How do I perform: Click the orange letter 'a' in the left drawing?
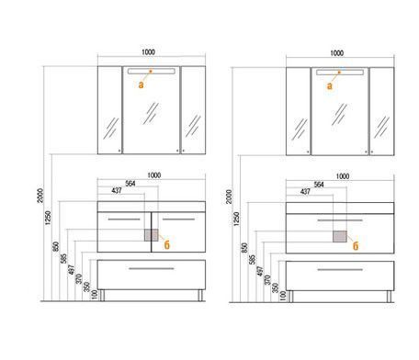[141, 84]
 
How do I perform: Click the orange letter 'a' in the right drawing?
[330, 86]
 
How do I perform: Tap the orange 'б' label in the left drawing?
[166, 244]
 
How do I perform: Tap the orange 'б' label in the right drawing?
[356, 245]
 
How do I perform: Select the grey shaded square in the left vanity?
[152, 235]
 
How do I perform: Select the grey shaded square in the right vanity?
[340, 237]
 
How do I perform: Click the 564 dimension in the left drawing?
[130, 184]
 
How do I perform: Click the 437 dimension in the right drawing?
[305, 192]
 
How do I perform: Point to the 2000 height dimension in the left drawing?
[40, 196]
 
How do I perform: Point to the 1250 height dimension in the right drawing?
[236, 219]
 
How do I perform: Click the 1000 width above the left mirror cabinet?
[148, 52]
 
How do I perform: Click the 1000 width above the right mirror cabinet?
[337, 53]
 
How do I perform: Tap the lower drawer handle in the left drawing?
[152, 269]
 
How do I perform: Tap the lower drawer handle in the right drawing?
[340, 270]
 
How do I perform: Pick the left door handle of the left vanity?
[124, 219]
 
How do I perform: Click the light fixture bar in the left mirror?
[152, 72]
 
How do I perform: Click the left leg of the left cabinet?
[102, 296]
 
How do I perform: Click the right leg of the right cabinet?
[389, 297]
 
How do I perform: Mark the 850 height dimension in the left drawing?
[56, 247]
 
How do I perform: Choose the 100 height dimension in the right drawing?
[283, 296]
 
